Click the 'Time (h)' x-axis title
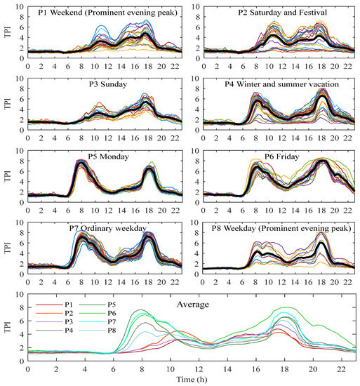point(192,380)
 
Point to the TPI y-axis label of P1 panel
point(7,31)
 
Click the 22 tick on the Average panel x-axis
point(342,369)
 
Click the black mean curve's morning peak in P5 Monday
point(82,165)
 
